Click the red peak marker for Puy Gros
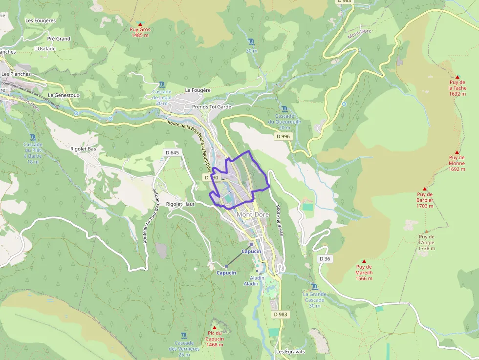140,24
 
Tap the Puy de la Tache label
457,88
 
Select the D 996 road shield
283,137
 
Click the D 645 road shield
173,153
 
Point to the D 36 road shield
325,258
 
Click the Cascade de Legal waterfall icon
162,85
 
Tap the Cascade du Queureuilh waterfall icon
284,109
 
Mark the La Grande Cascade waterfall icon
314,287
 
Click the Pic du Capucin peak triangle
214,327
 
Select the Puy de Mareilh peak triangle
364,261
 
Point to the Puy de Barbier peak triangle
425,189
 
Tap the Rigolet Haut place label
180,204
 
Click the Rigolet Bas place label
83,148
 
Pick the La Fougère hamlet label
197,90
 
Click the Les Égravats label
290,352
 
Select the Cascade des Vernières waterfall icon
184,336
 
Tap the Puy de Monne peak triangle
457,152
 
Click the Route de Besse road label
280,219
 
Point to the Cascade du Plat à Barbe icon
33,137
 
